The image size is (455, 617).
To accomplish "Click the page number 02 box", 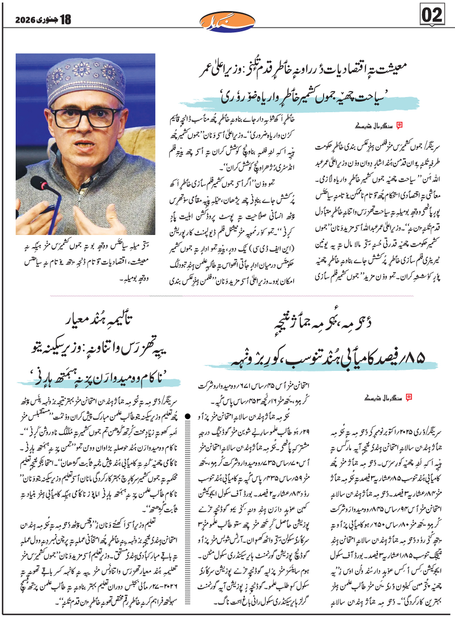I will point(432,16).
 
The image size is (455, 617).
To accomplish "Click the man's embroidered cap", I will point(90,80).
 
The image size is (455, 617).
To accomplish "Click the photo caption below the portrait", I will point(86,250).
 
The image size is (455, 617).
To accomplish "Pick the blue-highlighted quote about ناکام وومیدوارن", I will point(96,378).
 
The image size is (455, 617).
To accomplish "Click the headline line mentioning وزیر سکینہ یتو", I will point(101,349).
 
